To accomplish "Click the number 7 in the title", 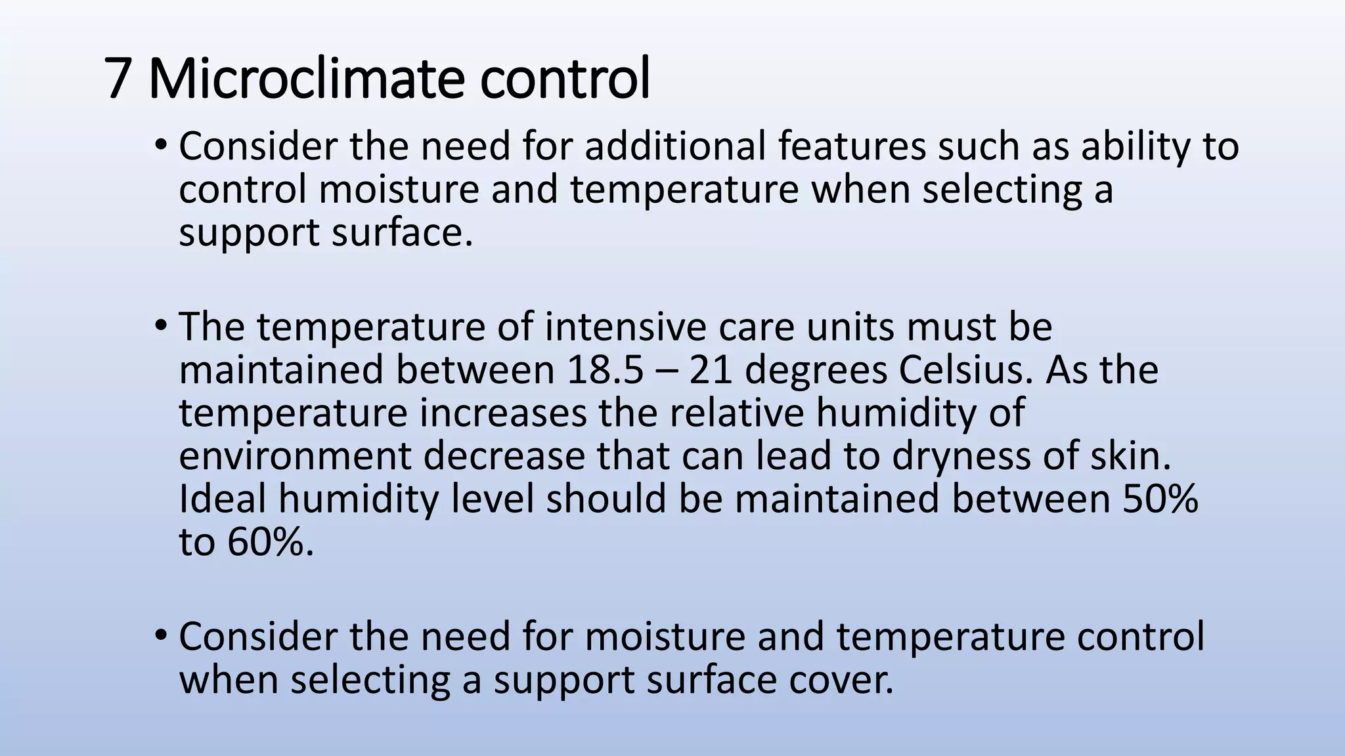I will coord(117,79).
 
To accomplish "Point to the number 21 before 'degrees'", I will coord(711,370).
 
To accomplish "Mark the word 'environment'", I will coord(295,455).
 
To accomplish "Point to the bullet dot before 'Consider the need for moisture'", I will coord(161,636).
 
